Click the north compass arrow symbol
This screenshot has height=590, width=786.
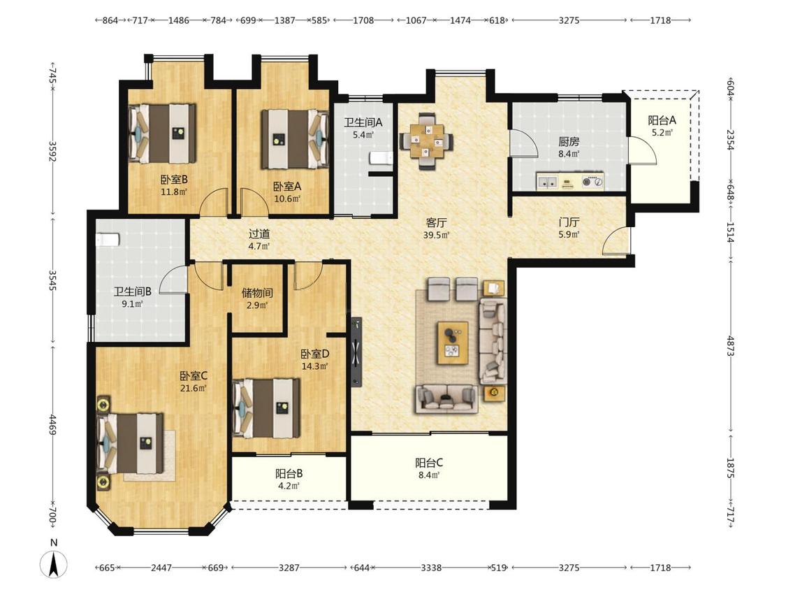coord(54,563)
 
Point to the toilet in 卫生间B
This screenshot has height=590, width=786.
coord(108,240)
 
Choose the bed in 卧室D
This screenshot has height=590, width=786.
coord(267,408)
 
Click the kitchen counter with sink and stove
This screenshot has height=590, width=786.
coord(570,181)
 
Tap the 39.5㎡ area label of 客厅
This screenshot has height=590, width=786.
coord(436,235)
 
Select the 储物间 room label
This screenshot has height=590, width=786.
coord(257,292)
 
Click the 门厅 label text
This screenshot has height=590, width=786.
coord(569,222)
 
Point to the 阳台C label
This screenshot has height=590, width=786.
coord(429,463)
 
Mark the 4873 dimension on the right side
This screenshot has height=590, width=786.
coord(730,346)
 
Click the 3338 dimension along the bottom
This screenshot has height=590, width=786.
coord(431,568)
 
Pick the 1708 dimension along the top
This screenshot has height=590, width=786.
coord(363,20)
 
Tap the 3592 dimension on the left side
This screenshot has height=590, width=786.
coord(52,151)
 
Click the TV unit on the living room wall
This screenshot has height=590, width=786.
coord(356,352)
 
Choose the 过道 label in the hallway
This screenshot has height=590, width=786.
coord(259,233)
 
